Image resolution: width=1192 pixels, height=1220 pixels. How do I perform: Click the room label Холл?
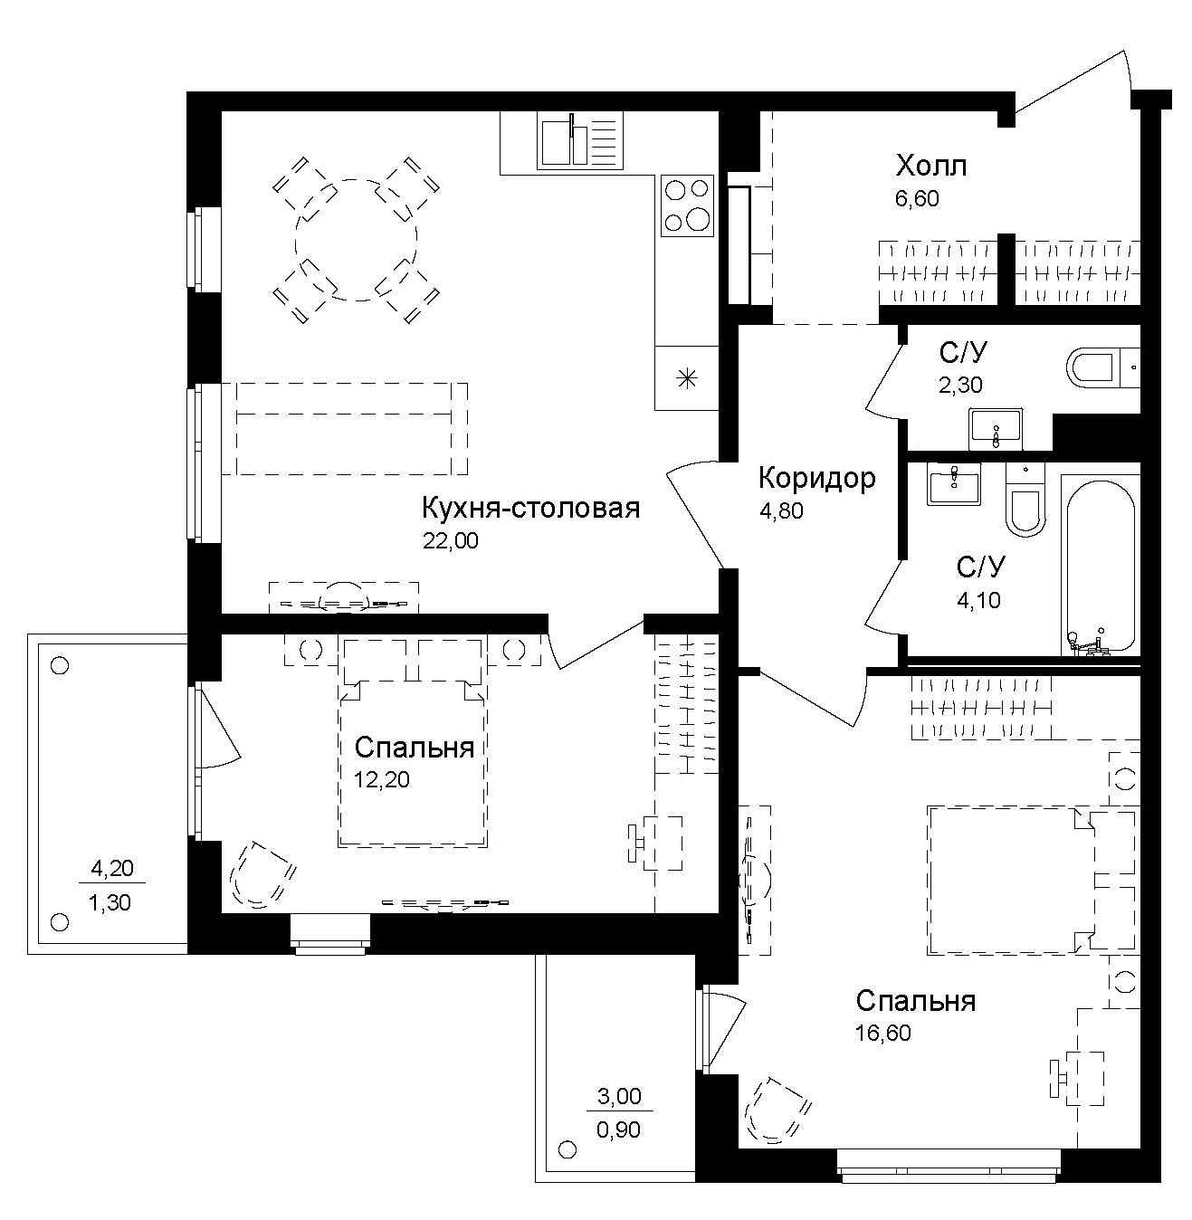[930, 167]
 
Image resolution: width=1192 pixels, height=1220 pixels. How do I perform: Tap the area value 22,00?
[450, 541]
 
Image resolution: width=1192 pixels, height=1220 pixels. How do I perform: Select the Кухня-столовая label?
[530, 509]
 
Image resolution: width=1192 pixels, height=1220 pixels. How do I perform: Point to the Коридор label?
[816, 478]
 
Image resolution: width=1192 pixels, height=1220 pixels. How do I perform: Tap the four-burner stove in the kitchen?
[687, 205]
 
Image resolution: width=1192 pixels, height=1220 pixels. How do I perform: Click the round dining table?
[356, 240]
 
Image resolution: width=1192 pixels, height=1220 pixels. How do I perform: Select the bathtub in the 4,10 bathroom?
[1098, 567]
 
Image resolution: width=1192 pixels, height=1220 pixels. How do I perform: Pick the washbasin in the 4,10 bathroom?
[954, 484]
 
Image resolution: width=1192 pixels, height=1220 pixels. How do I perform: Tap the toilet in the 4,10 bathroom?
[1025, 500]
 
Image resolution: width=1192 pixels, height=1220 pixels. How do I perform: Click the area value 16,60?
[882, 1033]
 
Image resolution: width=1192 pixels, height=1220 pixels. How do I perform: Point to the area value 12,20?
[381, 779]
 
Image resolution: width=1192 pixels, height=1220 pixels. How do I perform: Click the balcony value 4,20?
[112, 869]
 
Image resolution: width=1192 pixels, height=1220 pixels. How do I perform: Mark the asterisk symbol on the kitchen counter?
[687, 378]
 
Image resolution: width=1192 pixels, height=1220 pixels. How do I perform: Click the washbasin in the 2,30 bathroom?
[996, 429]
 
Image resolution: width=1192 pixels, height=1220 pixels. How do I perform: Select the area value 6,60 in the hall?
[917, 198]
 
